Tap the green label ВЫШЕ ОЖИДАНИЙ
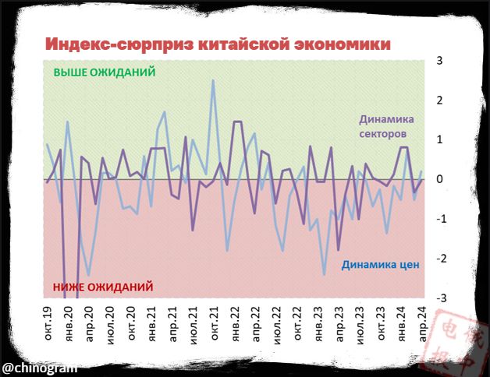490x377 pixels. [105, 72]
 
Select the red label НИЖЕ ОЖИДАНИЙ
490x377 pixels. [102, 287]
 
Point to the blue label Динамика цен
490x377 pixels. [381, 264]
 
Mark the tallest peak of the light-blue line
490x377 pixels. [213, 80]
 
